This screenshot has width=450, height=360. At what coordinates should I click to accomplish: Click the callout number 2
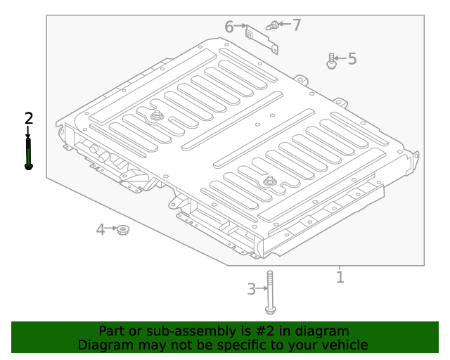click(x=28, y=118)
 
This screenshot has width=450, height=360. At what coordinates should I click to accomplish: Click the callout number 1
click(x=340, y=277)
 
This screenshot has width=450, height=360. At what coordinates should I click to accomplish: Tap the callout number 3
click(x=252, y=289)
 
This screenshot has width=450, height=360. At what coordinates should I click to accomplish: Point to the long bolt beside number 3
click(x=269, y=292)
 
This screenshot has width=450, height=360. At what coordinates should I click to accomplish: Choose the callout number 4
click(x=101, y=229)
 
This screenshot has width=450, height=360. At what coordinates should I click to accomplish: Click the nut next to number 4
click(x=123, y=229)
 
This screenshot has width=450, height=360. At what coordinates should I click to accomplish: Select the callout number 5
click(x=352, y=59)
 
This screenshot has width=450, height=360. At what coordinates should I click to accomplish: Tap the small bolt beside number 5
click(x=331, y=61)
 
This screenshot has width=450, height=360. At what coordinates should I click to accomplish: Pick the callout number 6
click(x=229, y=27)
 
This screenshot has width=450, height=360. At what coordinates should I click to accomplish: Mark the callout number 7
click(x=297, y=25)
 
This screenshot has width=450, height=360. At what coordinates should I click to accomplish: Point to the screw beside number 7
click(x=272, y=25)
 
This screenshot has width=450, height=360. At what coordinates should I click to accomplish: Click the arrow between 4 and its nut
click(x=111, y=229)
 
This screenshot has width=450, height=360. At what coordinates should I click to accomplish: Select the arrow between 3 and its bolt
click(x=262, y=288)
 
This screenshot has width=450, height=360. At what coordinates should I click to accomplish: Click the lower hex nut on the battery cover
click(x=269, y=182)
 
